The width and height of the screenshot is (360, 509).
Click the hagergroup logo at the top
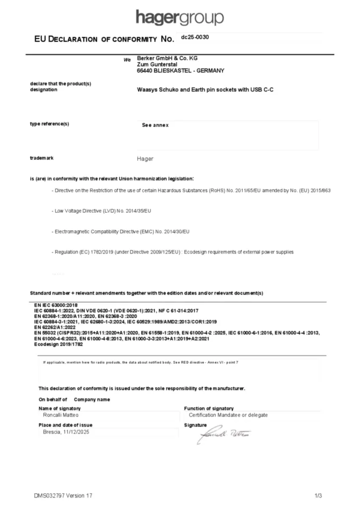(x=180, y=18)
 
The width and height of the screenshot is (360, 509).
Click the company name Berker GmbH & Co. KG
(x=167, y=58)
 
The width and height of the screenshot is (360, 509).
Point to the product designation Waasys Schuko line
(x=205, y=90)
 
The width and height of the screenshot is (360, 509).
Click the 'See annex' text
(x=155, y=125)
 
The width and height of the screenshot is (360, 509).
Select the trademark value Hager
(x=145, y=159)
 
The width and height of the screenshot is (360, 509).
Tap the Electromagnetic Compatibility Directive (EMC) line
(x=121, y=232)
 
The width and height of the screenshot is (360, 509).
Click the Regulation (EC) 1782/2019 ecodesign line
(x=173, y=252)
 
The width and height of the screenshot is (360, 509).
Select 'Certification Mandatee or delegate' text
(x=228, y=415)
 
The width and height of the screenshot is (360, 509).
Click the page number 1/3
(x=318, y=496)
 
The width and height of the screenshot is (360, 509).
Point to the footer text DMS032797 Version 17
(x=63, y=496)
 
